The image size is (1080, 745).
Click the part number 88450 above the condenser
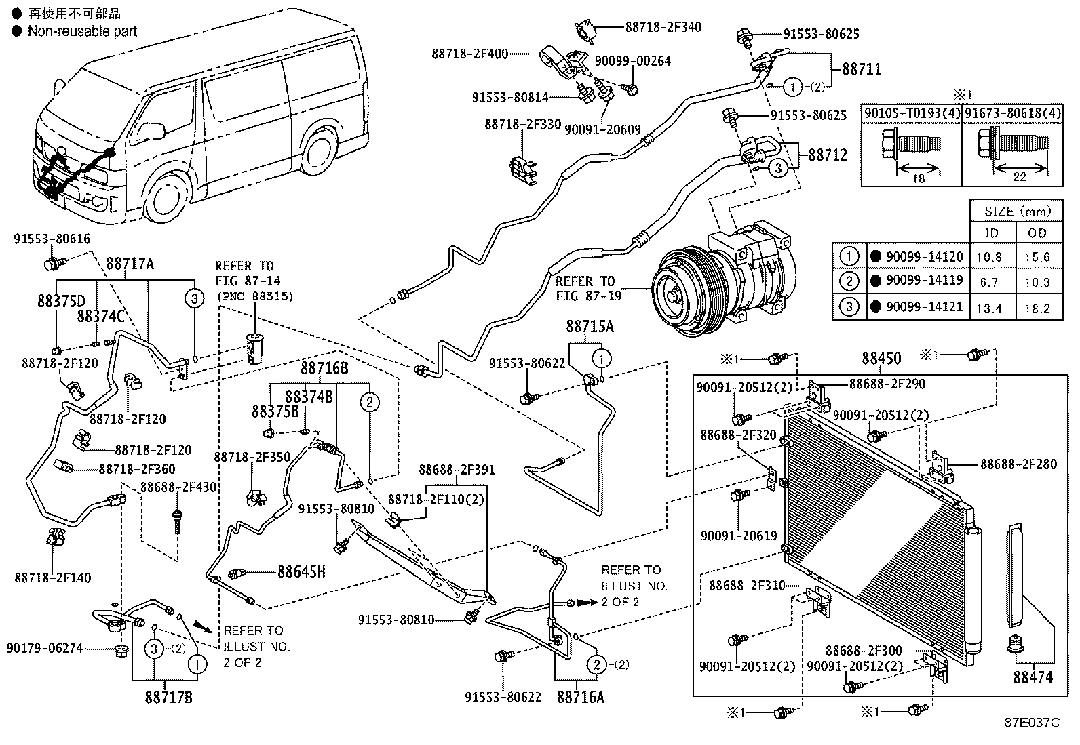881,359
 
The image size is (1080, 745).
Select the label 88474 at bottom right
1033,677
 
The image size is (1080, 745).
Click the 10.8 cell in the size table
988,257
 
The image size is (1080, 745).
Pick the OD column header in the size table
1037,233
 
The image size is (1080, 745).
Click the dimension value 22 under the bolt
1019,177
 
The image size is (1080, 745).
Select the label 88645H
301,572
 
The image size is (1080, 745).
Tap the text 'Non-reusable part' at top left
82,31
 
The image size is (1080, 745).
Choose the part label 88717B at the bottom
168,697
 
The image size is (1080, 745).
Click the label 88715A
590,327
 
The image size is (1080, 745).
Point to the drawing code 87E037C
1032,723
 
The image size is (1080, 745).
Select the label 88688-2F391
457,470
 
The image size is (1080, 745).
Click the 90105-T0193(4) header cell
912,113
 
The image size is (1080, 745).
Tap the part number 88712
828,155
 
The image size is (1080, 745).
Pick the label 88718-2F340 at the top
663,27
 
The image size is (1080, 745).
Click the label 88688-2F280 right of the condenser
1018,464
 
